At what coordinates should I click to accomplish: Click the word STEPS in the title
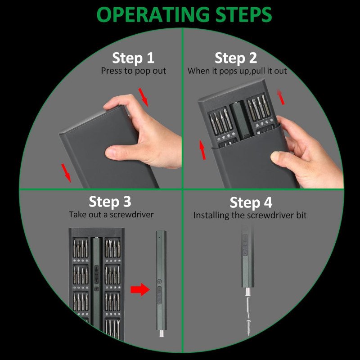click(x=244, y=14)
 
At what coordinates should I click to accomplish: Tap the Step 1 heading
click(x=133, y=58)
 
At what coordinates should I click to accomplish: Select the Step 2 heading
click(x=236, y=58)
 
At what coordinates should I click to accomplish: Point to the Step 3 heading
click(x=110, y=202)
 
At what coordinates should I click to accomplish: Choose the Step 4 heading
click(x=251, y=203)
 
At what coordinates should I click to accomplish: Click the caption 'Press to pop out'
click(x=133, y=71)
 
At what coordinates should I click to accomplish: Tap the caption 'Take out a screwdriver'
click(x=111, y=215)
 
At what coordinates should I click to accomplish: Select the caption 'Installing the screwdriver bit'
click(x=250, y=216)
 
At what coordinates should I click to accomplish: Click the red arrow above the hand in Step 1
click(x=144, y=97)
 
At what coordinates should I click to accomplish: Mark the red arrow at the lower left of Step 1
click(x=66, y=173)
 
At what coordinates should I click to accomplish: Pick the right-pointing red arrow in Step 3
click(x=140, y=289)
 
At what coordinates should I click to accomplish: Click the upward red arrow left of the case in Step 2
click(x=202, y=149)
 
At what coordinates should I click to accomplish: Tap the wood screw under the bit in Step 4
click(x=248, y=327)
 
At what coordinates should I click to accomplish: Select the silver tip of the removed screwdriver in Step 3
click(x=162, y=333)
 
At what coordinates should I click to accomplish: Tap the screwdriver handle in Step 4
click(x=248, y=256)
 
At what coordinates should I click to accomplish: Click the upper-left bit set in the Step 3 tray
click(x=81, y=248)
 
